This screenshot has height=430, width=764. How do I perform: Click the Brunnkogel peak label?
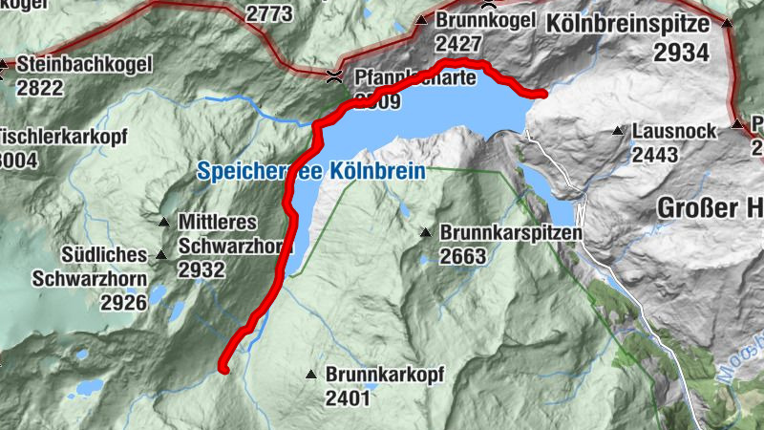tap(481, 21)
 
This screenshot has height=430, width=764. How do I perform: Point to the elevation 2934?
tap(681, 53)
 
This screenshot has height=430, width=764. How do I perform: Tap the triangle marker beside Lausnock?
tap(620, 129)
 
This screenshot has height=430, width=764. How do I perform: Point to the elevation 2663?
tap(464, 256)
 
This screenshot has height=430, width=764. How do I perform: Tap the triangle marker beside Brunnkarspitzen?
tap(426, 231)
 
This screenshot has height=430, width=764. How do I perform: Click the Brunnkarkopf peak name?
tap(384, 375)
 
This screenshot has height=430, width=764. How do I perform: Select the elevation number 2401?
tap(347, 398)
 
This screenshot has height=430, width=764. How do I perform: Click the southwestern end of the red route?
tap(223, 367)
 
